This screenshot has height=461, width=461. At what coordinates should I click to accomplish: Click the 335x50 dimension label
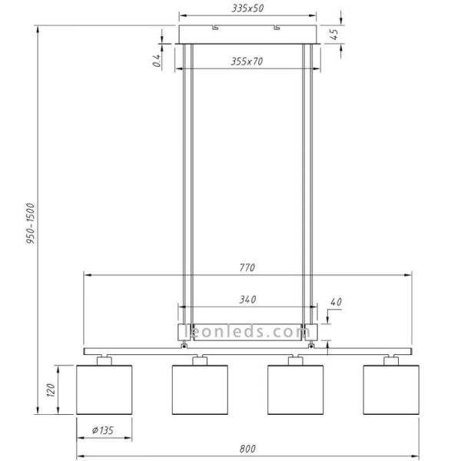click(x=247, y=8)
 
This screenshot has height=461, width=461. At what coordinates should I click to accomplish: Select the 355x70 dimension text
click(x=247, y=61)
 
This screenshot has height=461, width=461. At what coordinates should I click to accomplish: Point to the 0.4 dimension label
click(x=156, y=60)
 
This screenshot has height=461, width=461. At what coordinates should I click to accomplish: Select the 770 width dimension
click(x=247, y=267)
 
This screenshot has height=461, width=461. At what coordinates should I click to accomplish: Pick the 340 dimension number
click(x=247, y=299)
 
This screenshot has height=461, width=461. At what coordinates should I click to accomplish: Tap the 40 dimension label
click(x=335, y=302)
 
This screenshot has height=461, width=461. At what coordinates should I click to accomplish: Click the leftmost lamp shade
click(x=104, y=390)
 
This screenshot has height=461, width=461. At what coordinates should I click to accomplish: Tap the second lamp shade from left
click(x=200, y=390)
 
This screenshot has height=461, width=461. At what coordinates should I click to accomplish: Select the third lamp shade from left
click(x=295, y=390)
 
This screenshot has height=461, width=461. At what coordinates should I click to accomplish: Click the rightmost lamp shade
click(x=390, y=390)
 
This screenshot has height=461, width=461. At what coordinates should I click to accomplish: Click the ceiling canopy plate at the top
click(x=247, y=35)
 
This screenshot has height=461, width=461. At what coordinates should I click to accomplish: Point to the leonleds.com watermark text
click(x=247, y=333)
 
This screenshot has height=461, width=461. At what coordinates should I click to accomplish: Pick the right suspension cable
click(x=310, y=184)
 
